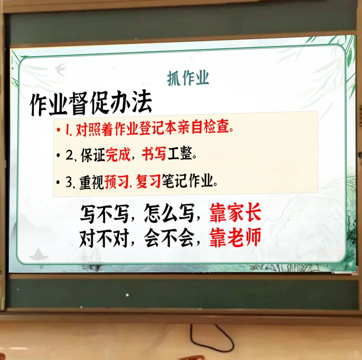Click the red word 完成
point(118,155)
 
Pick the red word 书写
point(154,155)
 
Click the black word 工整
point(180,155)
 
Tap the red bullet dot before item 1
point(59,129)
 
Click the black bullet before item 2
point(59,155)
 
